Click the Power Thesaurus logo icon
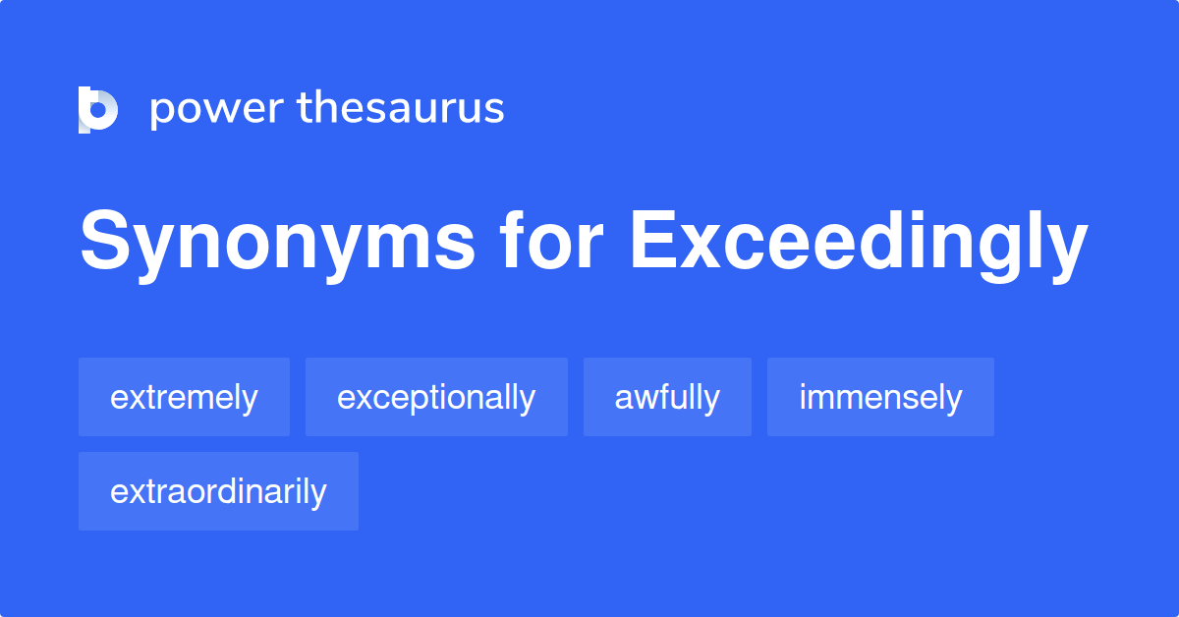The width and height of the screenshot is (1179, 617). coord(98,109)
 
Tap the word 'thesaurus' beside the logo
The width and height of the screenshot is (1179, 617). coord(401,108)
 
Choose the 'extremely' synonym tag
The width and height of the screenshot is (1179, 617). coord(184,397)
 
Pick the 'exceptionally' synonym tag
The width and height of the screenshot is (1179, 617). coord(436,397)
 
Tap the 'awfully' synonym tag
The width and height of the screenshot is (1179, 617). coord(667,397)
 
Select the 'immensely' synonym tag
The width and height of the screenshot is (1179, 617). coord(880,397)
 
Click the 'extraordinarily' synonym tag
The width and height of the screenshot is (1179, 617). coord(218,491)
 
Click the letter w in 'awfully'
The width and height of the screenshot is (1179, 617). coord(643,398)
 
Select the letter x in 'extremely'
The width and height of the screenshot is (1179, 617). coord(132,398)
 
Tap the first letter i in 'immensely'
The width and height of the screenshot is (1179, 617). coord(802,397)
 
